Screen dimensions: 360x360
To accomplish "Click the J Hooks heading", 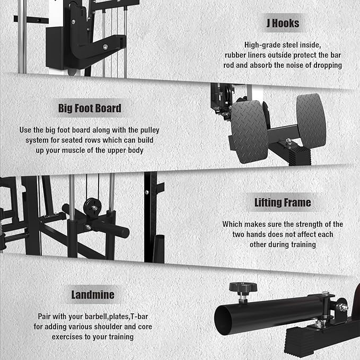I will coord(283,23).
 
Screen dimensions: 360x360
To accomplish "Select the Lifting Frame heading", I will coord(282,203).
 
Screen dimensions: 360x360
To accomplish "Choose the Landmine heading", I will coord(93,295).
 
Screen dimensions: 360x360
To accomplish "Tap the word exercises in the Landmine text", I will coord(54,337).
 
